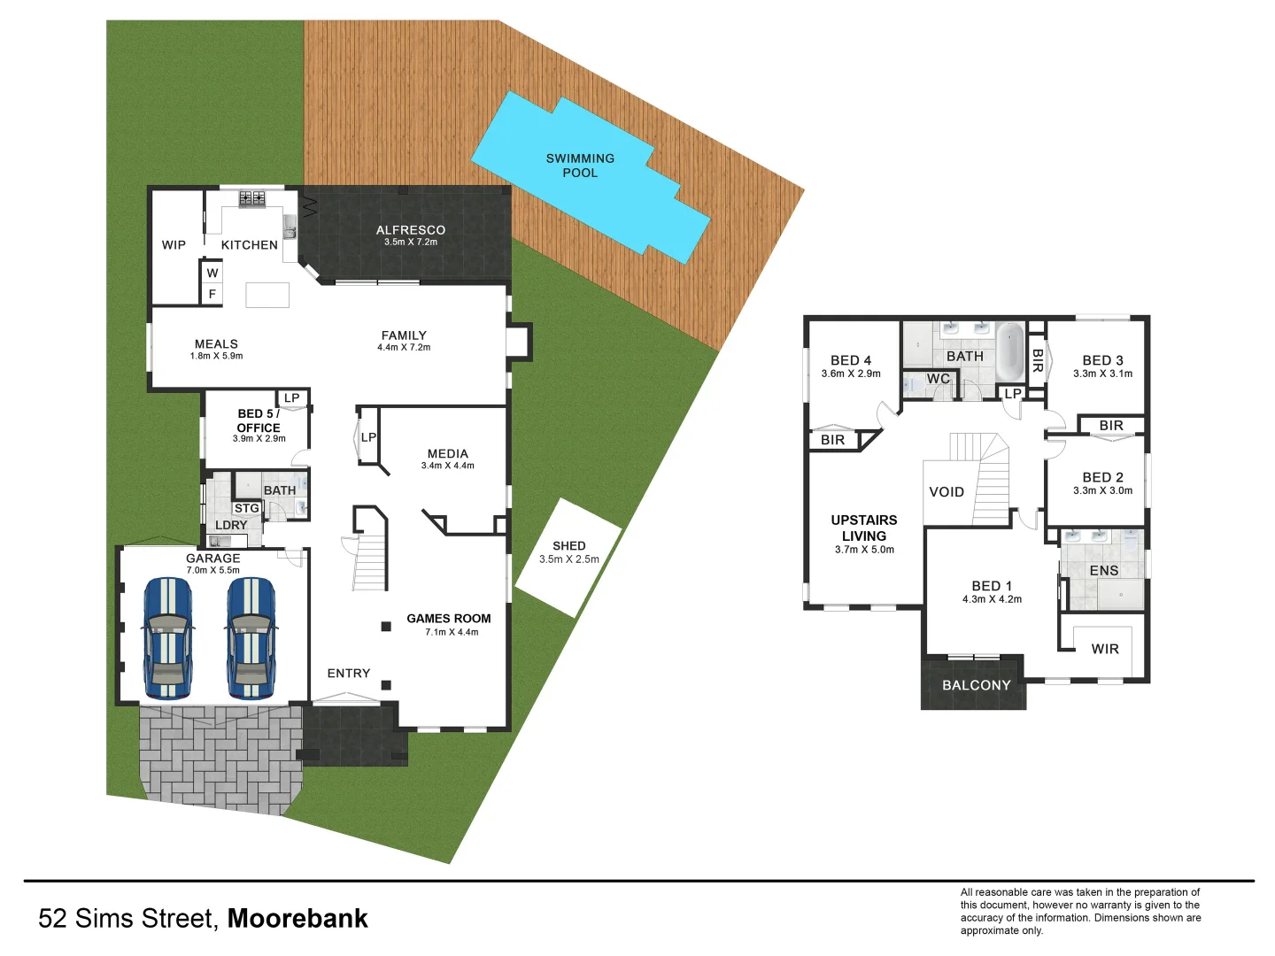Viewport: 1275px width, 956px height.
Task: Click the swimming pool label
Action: [580, 166]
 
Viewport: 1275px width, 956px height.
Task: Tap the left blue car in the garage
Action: [167, 637]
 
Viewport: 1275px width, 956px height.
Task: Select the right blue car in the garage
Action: [251, 637]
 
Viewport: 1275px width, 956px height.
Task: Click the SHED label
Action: [568, 546]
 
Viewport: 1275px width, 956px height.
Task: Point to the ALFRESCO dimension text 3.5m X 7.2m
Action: [411, 243]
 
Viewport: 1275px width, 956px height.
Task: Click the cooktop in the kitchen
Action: [252, 199]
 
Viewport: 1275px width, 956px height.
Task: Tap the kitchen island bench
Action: [267, 295]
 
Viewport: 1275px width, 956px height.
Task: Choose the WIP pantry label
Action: [174, 245]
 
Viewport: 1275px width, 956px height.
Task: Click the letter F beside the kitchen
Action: [212, 294]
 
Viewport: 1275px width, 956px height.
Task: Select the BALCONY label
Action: [976, 685]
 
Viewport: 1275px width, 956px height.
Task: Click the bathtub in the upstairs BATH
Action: [1010, 351]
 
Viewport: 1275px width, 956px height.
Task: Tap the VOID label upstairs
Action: [947, 492]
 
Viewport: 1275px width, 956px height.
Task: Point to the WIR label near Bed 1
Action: [1105, 649]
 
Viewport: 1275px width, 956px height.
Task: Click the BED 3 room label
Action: [1102, 360]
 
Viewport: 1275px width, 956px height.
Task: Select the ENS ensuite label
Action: [1104, 571]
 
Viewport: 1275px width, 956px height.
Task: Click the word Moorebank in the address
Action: [297, 919]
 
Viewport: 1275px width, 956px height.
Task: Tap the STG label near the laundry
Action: [247, 508]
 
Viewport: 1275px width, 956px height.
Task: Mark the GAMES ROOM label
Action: [449, 619]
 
